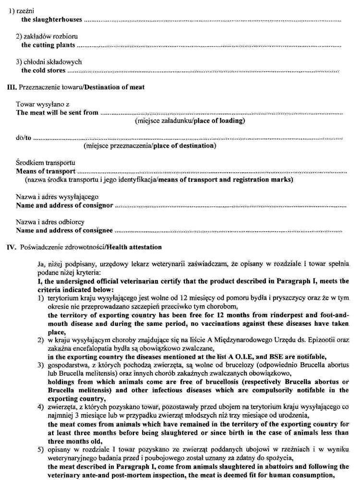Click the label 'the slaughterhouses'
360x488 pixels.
pos(51,20)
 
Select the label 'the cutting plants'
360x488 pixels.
pos(48,45)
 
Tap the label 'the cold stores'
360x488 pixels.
pos(43,71)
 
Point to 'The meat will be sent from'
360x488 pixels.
pos(57,113)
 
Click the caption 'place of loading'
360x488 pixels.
pos(219,121)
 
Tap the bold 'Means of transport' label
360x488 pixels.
pos(46,171)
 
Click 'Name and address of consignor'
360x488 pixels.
pos(64,205)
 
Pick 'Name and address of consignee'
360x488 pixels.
pos(64,230)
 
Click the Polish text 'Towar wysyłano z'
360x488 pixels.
pos(43,104)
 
